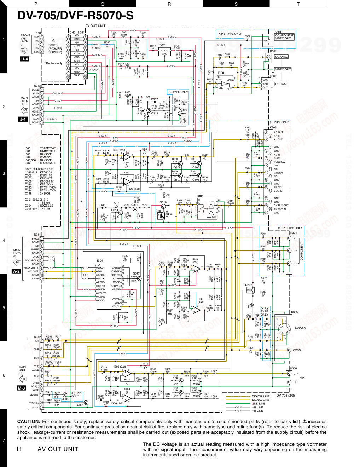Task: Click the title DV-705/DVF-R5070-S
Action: [x=75, y=16]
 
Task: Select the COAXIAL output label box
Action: [x=281, y=57]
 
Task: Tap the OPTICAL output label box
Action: [x=281, y=84]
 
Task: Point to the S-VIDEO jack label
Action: [x=300, y=328]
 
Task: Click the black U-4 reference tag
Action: [x=24, y=59]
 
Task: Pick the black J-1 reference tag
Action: [x=23, y=119]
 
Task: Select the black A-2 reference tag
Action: [x=16, y=271]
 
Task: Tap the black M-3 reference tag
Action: [x=21, y=388]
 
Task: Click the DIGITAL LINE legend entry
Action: [x=260, y=396]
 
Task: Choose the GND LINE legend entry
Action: [x=258, y=404]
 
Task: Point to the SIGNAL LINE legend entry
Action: [x=260, y=400]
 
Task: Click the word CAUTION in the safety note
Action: [x=29, y=421]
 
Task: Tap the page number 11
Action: [x=19, y=449]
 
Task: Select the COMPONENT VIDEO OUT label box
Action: [x=284, y=37]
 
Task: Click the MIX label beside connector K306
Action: [x=302, y=378]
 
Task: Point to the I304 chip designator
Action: [x=100, y=261]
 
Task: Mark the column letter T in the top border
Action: [x=298, y=4]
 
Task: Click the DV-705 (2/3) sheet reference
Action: [x=285, y=396]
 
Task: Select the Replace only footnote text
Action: [x=54, y=63]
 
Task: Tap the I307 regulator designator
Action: [x=161, y=45]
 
